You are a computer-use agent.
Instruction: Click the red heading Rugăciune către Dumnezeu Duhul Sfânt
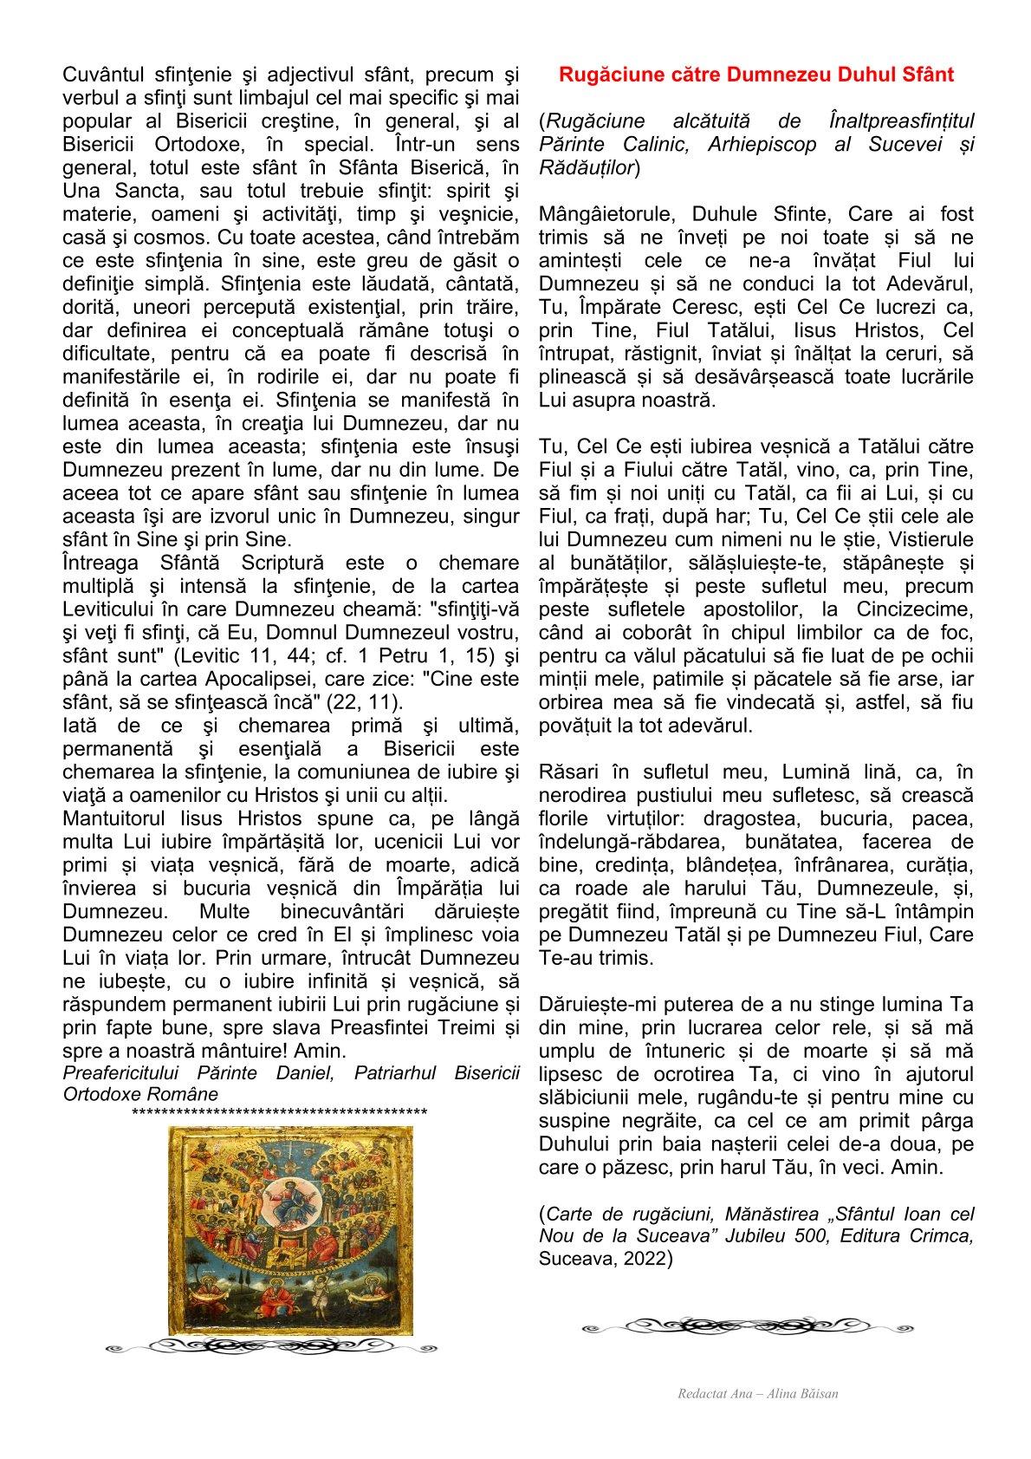tap(756, 75)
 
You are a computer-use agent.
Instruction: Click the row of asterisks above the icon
tap(279, 1112)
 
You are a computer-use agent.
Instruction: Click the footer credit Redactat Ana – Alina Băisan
tap(758, 1394)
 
